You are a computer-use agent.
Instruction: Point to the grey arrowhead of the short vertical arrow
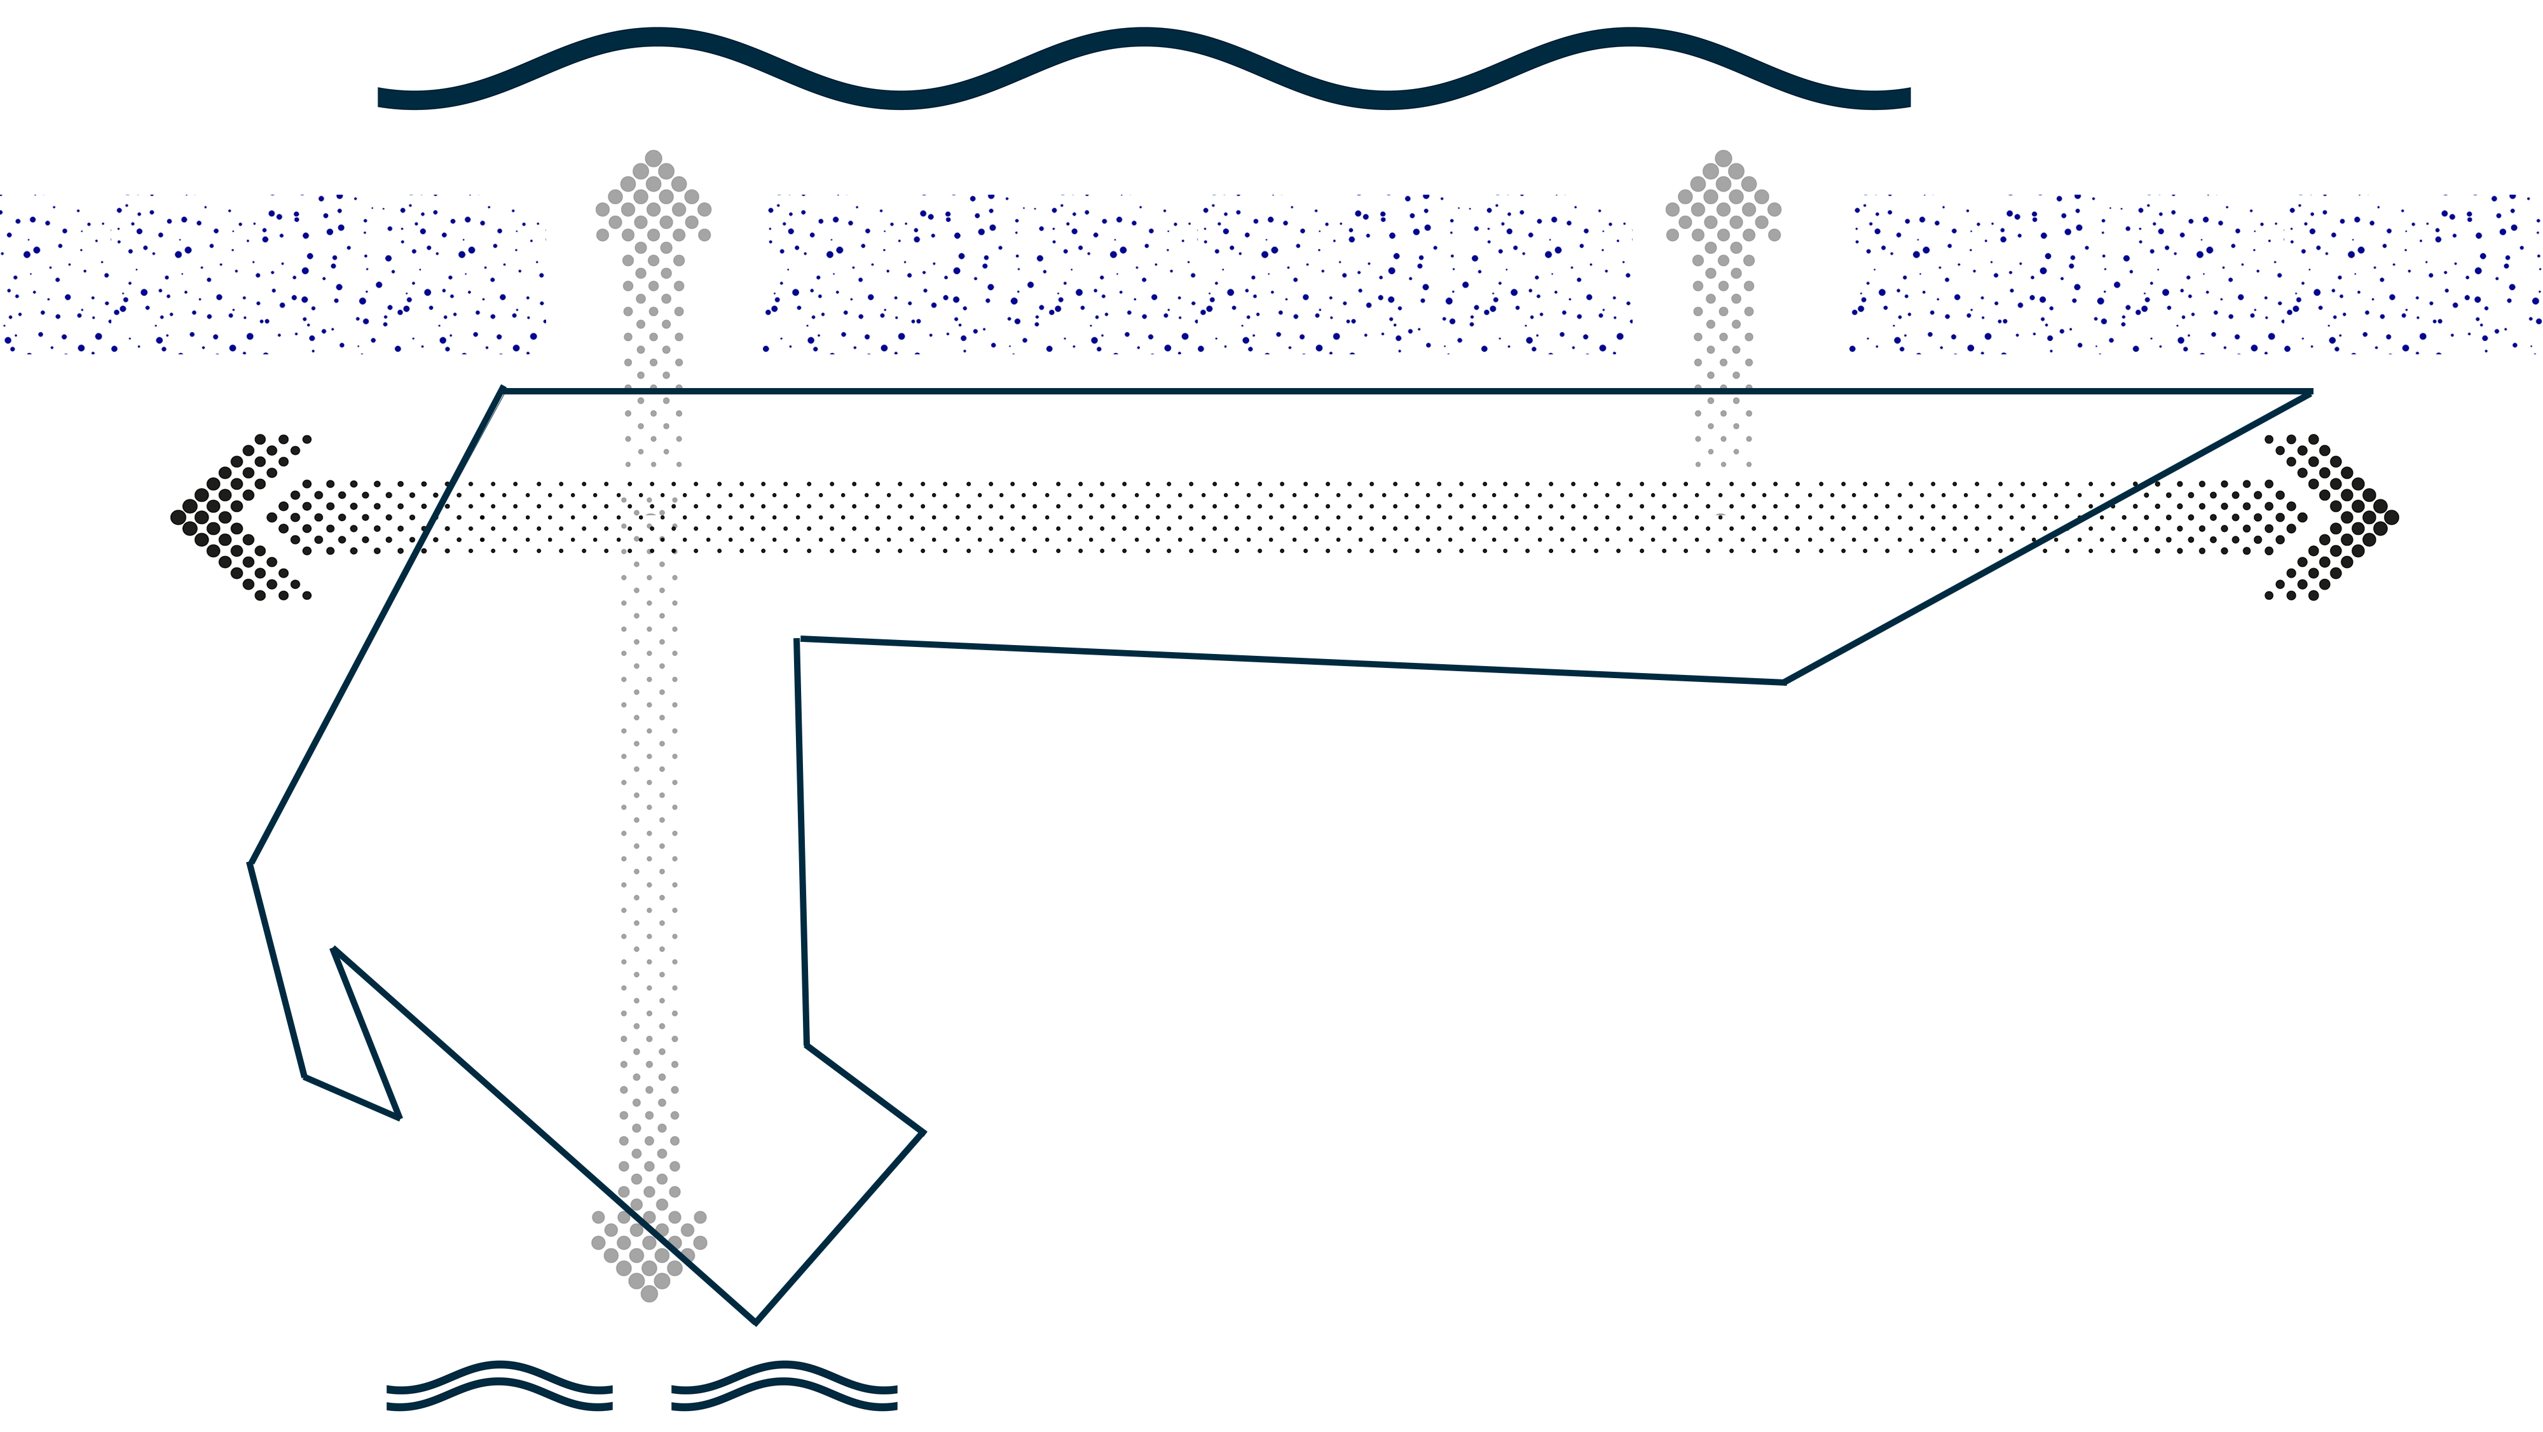(x=1724, y=197)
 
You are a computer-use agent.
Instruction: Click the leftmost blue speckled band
(x=271, y=275)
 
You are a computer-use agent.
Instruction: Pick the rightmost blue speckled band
(x=2195, y=275)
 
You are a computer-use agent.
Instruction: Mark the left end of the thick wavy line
(x=381, y=97)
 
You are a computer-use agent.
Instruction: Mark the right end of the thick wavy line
(x=1909, y=97)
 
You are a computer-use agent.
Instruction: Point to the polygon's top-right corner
(x=2311, y=392)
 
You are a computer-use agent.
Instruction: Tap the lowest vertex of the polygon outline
(x=755, y=1321)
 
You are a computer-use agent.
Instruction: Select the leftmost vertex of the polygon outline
(x=250, y=864)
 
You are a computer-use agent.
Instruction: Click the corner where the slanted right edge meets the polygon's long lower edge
(x=1785, y=681)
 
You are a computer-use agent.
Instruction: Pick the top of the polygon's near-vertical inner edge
(x=798, y=640)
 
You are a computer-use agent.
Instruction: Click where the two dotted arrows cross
(x=650, y=517)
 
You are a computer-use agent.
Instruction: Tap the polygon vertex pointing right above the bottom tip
(x=923, y=1132)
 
